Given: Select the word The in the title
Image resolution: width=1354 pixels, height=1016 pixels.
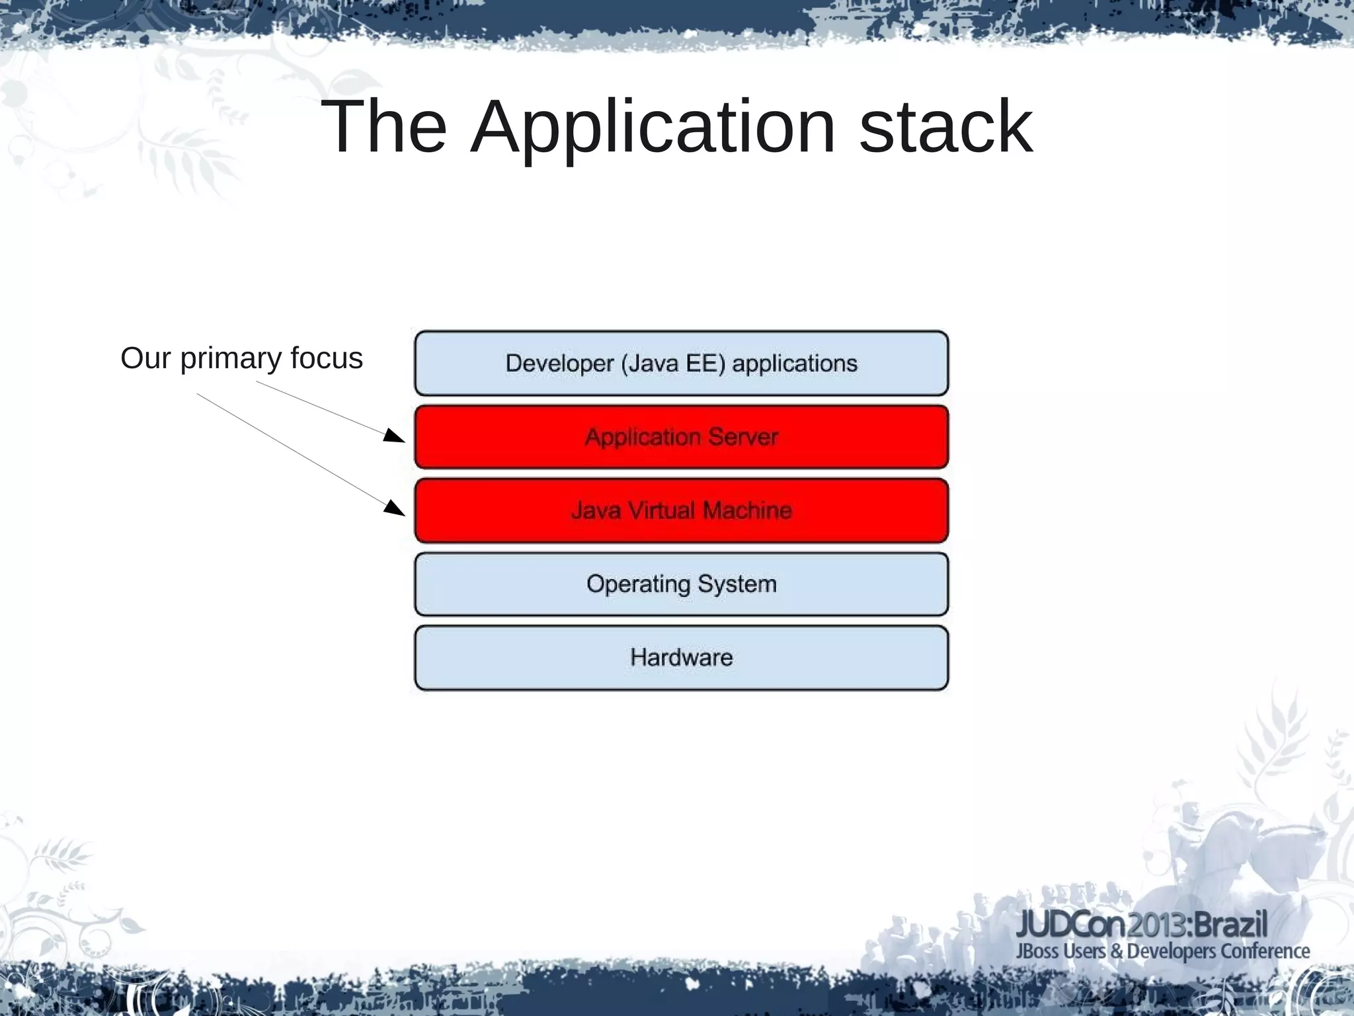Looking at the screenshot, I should [383, 127].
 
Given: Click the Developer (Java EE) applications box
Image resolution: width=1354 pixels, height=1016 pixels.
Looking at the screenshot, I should [681, 364].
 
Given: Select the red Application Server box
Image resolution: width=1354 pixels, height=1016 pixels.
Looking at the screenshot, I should [681, 437].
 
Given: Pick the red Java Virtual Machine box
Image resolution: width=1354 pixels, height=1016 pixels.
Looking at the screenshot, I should [681, 510].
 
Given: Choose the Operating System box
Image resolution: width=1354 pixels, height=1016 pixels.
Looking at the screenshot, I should [681, 584].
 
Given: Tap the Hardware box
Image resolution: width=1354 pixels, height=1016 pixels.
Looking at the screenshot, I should [681, 658].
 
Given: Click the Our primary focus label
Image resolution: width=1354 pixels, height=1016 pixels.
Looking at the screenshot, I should [241, 359].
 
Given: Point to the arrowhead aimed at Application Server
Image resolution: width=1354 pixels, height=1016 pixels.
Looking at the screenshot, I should [395, 436].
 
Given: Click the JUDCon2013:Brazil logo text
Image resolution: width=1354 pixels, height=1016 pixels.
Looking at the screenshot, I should [1142, 924].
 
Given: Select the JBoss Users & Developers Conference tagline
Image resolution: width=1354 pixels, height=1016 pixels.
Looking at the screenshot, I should [1162, 951].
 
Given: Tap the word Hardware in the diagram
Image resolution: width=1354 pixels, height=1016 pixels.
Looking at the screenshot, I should [681, 658].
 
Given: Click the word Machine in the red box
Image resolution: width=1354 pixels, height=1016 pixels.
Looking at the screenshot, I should [747, 510].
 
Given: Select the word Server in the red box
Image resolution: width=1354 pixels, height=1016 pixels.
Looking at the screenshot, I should [743, 437].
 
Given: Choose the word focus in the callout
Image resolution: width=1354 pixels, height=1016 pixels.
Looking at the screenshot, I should [327, 359].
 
